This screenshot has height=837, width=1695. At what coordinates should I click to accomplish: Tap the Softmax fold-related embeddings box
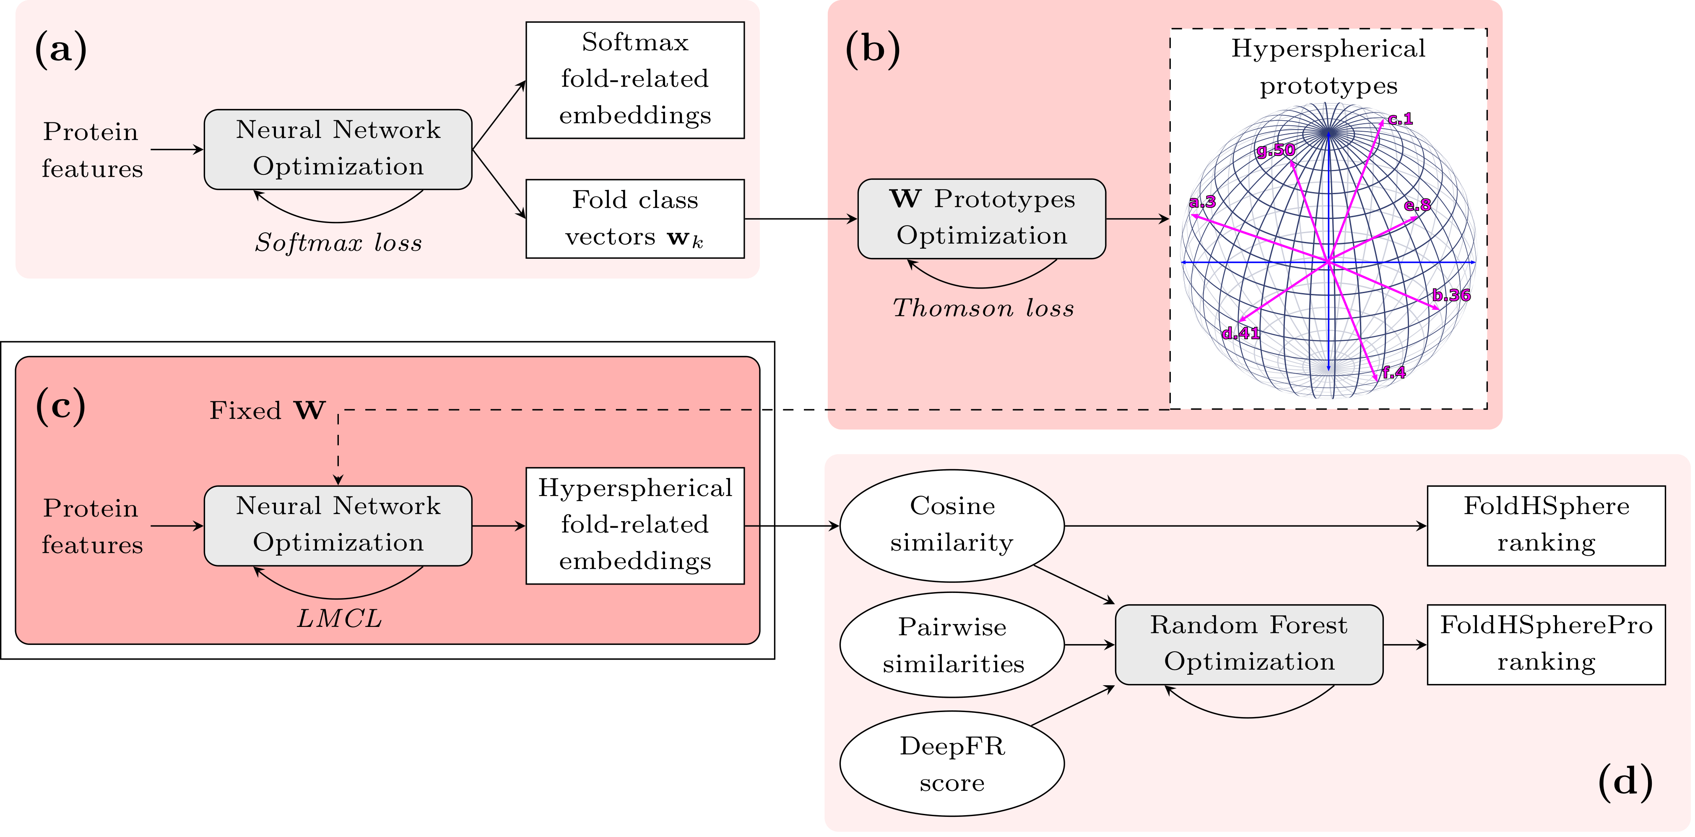coord(635,80)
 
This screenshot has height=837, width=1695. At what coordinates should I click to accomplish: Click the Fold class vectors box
coord(635,218)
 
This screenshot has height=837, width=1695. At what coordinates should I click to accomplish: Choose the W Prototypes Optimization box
coord(982,218)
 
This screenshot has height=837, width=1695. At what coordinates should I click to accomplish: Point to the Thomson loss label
coord(983,308)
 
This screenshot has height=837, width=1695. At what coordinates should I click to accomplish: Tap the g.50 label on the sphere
coord(1275,150)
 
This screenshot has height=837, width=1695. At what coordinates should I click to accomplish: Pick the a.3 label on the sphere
coord(1202,202)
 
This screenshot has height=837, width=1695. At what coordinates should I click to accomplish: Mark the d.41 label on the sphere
coord(1240,333)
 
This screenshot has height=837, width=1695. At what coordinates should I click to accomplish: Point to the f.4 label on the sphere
coord(1393,372)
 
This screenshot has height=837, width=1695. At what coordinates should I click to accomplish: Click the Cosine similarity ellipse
coord(952,525)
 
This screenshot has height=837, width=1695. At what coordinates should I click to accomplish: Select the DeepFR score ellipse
coord(952,764)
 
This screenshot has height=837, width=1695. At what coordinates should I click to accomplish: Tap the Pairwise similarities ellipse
coord(952,645)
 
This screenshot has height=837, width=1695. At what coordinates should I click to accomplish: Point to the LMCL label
coord(339,619)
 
